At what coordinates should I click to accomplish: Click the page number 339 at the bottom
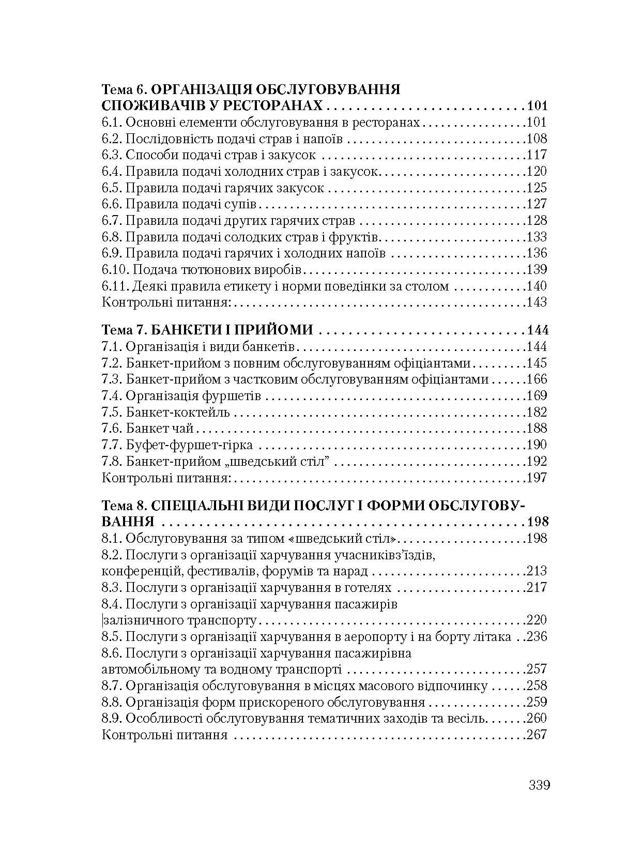pos(539,786)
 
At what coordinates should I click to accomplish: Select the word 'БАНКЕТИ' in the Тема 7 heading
pos(191,330)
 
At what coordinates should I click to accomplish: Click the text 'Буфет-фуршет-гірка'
pos(189,445)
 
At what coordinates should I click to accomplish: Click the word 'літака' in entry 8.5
pos(492,637)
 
